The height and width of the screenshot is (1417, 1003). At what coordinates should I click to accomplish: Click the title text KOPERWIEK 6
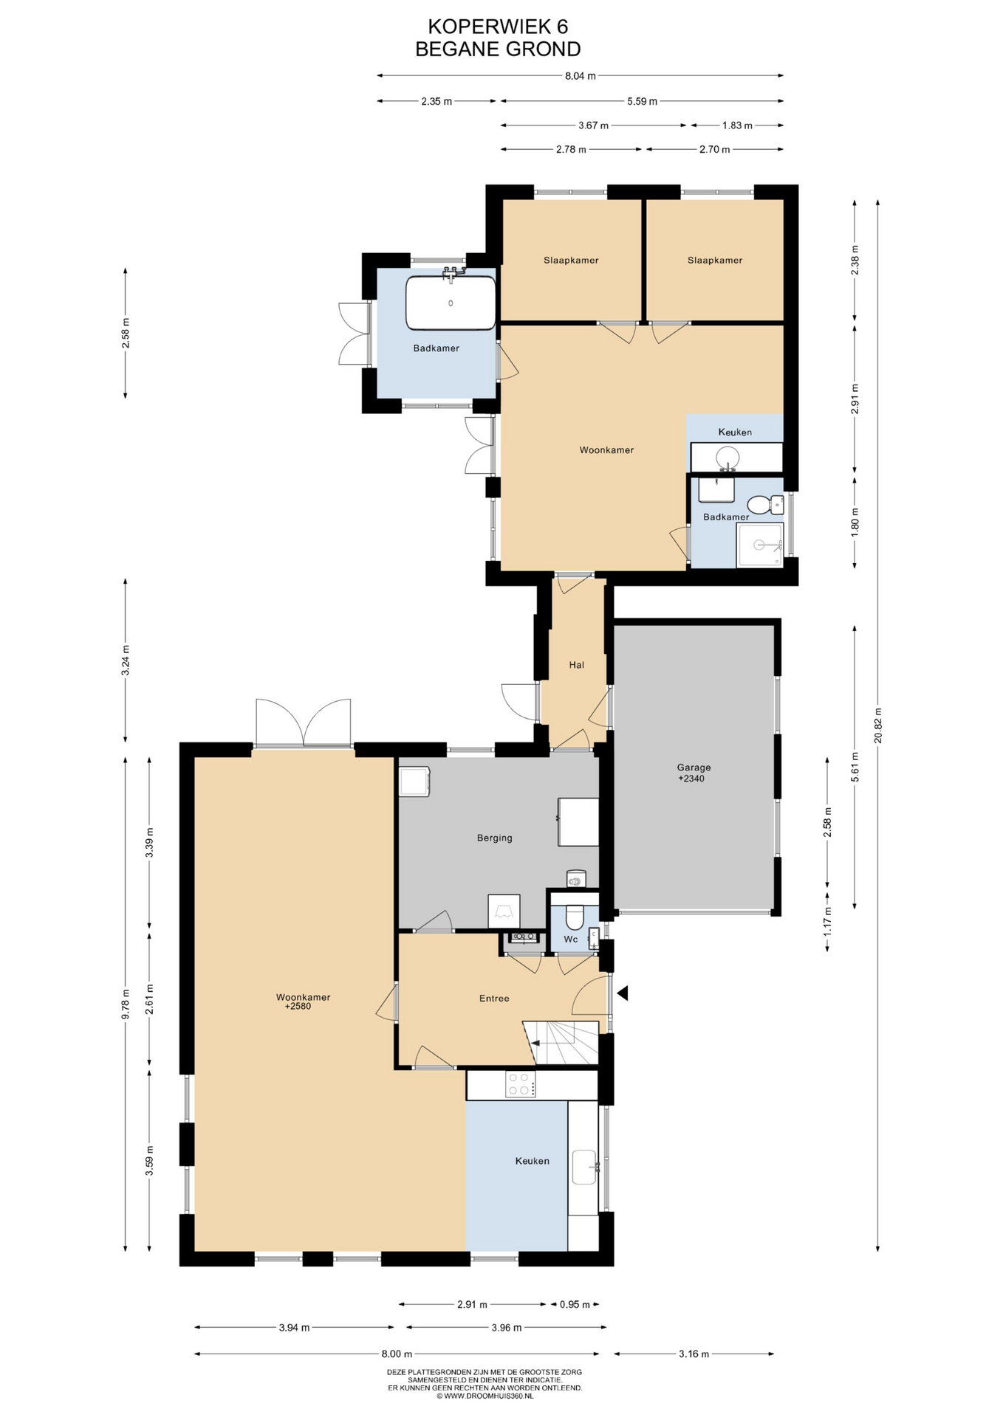tap(498, 27)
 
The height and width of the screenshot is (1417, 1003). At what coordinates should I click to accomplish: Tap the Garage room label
tap(694, 768)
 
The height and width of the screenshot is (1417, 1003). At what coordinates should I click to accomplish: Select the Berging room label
tap(494, 838)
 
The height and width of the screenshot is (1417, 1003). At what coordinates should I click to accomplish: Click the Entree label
tap(494, 999)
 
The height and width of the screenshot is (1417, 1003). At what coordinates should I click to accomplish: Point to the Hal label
tap(577, 665)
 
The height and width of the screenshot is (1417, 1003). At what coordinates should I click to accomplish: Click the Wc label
tap(571, 940)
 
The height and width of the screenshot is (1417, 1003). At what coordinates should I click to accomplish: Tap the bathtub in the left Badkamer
tap(451, 303)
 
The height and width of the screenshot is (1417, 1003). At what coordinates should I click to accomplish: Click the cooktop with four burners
tap(521, 1084)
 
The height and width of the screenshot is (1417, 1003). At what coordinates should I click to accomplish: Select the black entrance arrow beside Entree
tap(622, 993)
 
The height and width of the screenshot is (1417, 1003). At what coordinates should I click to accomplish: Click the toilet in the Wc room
tap(574, 917)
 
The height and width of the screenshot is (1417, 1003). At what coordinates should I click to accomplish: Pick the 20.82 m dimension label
tap(877, 725)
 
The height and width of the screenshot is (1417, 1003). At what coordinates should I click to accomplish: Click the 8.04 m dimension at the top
tap(581, 75)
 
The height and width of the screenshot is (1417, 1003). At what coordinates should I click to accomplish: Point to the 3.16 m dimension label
tap(694, 1354)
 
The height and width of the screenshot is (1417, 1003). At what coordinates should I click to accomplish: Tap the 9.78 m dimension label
tap(126, 1004)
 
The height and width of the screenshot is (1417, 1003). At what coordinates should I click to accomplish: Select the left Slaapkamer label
tap(571, 261)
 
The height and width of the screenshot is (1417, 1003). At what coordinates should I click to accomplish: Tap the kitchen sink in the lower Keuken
tap(584, 1167)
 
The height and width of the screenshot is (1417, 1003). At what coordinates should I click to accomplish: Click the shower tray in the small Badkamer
tap(759, 545)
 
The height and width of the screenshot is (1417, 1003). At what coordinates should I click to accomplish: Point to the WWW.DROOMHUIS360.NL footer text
tap(485, 1396)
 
